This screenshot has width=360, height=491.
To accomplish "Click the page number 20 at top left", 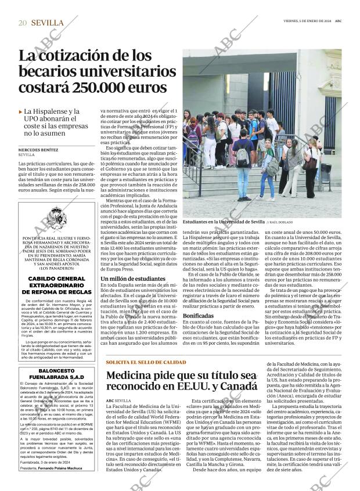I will coord(23,23).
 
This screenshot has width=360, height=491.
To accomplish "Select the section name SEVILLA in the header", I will coord(48,23).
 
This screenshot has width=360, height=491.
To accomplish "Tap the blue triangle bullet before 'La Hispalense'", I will coord(20,111).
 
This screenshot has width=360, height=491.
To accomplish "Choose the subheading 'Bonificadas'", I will coord(199,315).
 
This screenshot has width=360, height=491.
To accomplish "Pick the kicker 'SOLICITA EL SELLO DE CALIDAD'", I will coord(138,362).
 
